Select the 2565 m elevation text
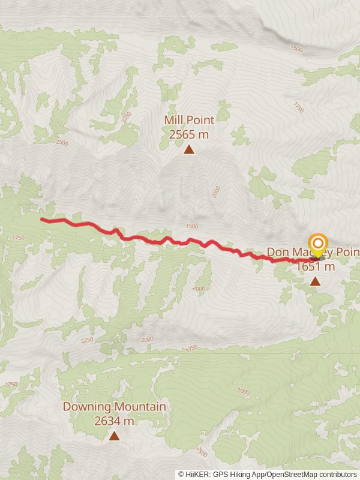coord(188,134)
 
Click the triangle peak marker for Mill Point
coord(189,149)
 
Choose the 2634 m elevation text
coord(114,421)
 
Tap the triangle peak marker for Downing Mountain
coord(114,436)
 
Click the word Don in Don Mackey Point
coord(277,252)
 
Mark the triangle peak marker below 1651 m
coord(315,281)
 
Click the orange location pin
coord(317,245)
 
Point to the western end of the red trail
coord(42,220)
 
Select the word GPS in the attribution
coord(221,474)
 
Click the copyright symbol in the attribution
coord(181,474)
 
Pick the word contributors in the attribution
coord(337,474)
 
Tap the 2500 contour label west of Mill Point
coord(61,143)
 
